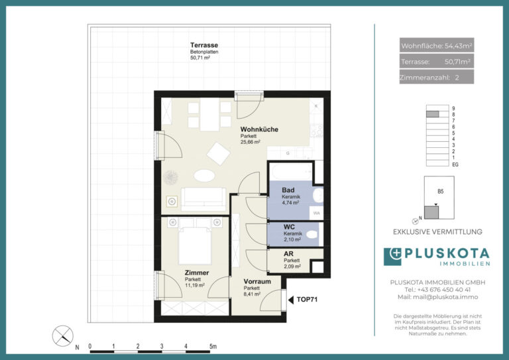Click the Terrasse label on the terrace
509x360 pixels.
pos(204,45)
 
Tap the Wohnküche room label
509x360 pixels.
pos(259,129)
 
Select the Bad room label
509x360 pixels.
pos(288,190)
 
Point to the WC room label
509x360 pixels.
pos(289,227)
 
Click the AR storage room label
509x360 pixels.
pos(288,254)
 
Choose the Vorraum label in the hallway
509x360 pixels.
pos(257,282)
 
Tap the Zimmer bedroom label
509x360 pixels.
pos(197,272)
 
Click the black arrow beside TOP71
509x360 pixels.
pos(291,300)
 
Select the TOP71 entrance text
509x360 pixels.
pos(307,300)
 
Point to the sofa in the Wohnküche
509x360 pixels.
pos(203,200)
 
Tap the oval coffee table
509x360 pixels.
pos(205,176)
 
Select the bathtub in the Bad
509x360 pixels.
pos(291,172)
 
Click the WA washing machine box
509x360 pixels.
pos(317,213)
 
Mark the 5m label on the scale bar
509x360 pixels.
pos(213,346)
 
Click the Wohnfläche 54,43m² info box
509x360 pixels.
pos(437,46)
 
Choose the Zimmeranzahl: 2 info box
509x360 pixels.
pos(437,78)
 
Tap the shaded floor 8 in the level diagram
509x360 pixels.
pos(432,114)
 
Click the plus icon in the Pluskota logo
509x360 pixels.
pos(396,253)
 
